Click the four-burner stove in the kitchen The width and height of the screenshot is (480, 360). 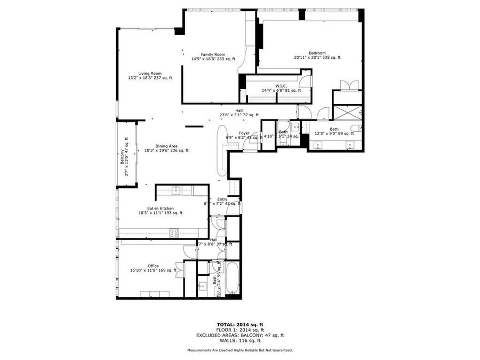(174, 233)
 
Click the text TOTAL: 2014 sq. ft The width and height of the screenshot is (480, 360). (239, 324)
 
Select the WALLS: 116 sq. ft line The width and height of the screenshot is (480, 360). (239, 340)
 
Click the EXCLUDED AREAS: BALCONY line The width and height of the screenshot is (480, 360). (239, 335)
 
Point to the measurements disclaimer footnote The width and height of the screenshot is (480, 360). (239, 350)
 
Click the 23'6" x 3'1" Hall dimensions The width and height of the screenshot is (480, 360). (239, 115)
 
